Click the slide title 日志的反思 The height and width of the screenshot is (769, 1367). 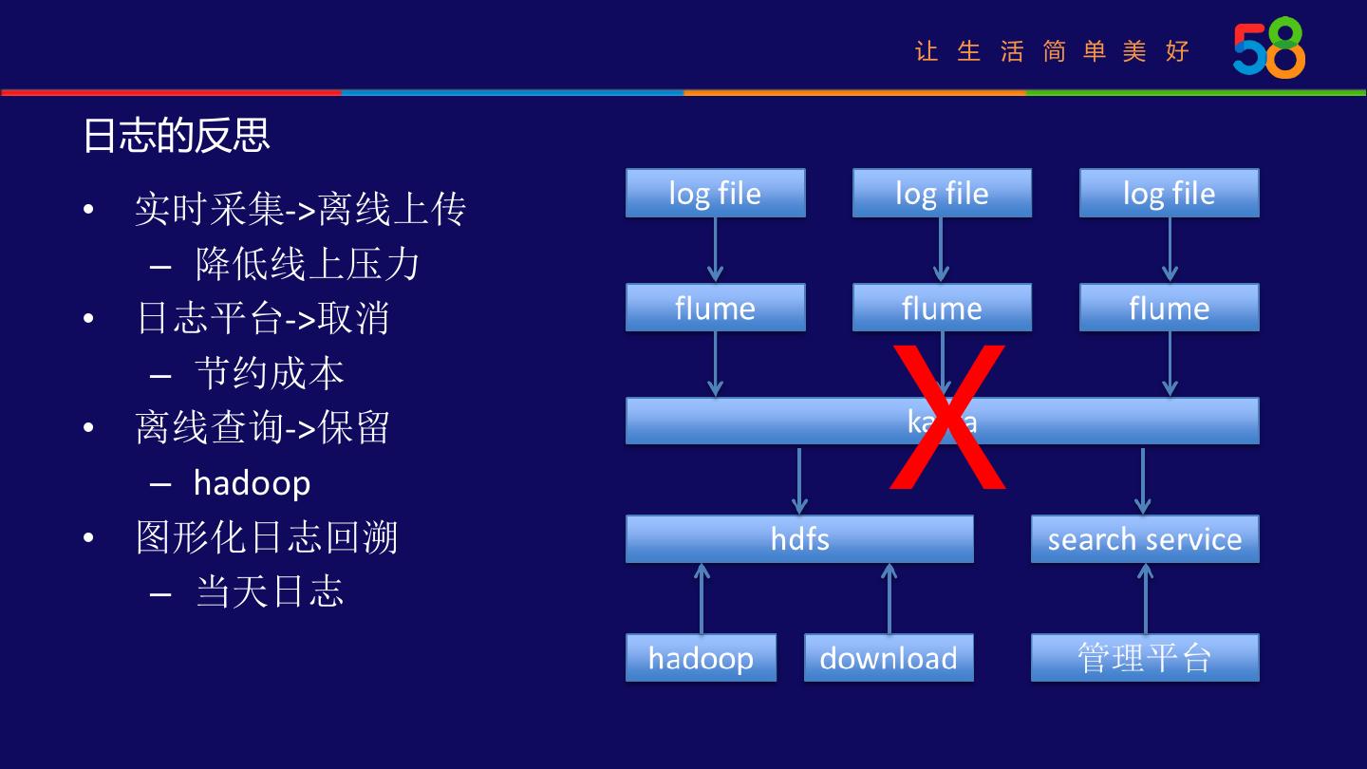pyautogui.click(x=177, y=135)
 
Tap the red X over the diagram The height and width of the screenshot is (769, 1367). pyautogui.click(x=946, y=418)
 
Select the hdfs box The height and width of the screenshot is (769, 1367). pyautogui.click(x=799, y=539)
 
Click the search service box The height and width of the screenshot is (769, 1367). pyautogui.click(x=1145, y=539)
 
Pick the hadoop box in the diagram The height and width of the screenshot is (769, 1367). pyautogui.click(x=701, y=658)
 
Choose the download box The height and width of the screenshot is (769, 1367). pyautogui.click(x=889, y=658)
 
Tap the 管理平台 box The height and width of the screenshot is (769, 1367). pyautogui.click(x=1145, y=658)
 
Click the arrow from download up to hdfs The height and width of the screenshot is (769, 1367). pyautogui.click(x=889, y=598)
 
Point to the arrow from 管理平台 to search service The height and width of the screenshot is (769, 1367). pyautogui.click(x=1145, y=598)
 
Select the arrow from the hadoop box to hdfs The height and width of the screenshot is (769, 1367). pyautogui.click(x=702, y=598)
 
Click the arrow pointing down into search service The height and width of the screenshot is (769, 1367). pyautogui.click(x=1143, y=480)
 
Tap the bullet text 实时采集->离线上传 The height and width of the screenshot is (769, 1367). pyautogui.click(x=300, y=210)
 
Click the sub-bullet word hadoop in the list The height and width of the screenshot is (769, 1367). pyautogui.click(x=252, y=483)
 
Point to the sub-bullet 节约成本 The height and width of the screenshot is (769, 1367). pyautogui.click(x=270, y=374)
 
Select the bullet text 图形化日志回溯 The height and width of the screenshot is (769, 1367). pyautogui.click(x=267, y=538)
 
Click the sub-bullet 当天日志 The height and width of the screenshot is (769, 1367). pyautogui.click(x=270, y=592)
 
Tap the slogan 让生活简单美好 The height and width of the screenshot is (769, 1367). pyautogui.click(x=1052, y=51)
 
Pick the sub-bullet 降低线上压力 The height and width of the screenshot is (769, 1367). pyautogui.click(x=308, y=265)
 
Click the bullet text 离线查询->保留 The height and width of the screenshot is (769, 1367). pyautogui.click(x=263, y=428)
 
